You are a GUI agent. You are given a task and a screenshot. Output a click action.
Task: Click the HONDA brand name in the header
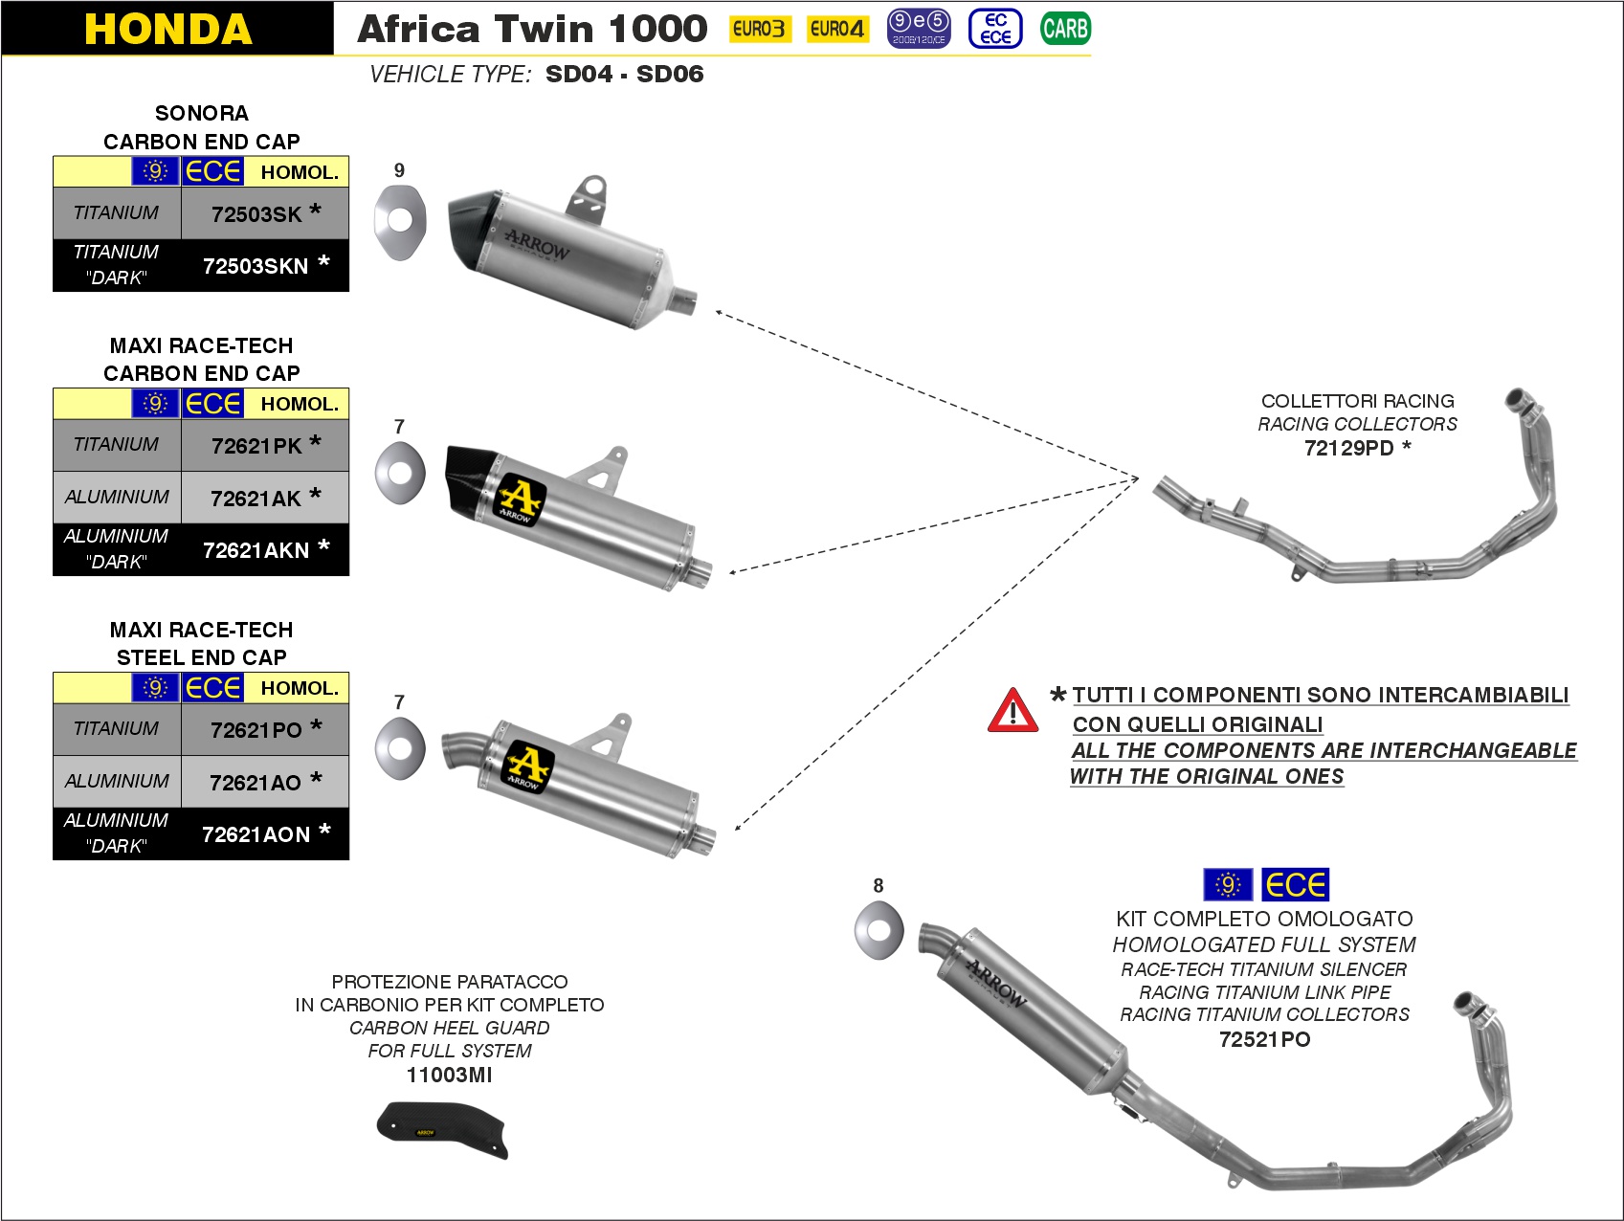(x=168, y=29)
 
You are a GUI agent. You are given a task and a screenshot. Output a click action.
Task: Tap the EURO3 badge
(x=760, y=29)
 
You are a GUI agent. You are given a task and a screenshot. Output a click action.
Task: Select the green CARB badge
(x=1065, y=29)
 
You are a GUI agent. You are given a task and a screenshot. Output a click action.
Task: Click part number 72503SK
(x=256, y=214)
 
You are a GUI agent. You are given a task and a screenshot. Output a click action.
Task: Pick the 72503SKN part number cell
(x=256, y=266)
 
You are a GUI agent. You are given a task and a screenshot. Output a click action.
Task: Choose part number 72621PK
(x=256, y=446)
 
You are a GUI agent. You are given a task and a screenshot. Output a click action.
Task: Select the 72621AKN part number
(x=256, y=550)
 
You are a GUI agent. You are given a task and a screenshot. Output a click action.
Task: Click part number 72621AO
(x=256, y=783)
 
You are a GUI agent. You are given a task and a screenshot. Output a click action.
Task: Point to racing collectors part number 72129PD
(x=1349, y=448)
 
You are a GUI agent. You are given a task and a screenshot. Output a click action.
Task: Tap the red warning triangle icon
(x=1012, y=711)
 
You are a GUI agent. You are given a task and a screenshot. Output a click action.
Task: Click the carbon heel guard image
(x=441, y=1128)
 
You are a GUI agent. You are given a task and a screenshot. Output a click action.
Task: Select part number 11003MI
(x=449, y=1075)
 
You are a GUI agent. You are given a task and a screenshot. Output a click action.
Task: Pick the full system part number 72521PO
(x=1264, y=1039)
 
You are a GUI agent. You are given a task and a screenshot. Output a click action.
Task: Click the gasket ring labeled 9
(x=399, y=221)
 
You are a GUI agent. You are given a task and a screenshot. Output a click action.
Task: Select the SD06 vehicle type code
(x=670, y=74)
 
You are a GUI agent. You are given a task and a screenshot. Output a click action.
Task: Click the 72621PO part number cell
(x=256, y=730)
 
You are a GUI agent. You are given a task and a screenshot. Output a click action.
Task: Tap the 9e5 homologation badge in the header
(x=918, y=28)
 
